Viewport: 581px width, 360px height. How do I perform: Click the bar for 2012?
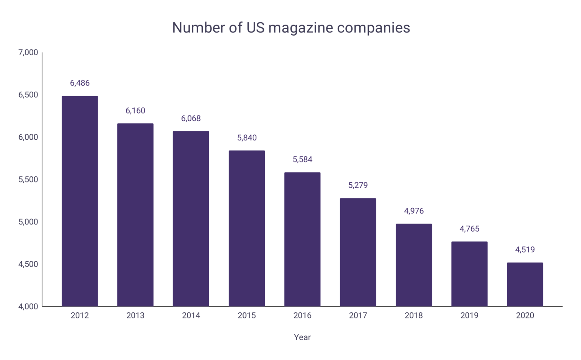point(80,201)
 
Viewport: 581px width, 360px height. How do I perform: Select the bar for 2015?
point(247,228)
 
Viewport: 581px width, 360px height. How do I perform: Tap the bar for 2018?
point(414,265)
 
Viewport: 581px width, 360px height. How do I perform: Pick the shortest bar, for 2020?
point(525,284)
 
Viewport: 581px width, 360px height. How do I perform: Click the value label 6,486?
point(80,83)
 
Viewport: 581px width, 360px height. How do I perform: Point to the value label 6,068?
point(191,118)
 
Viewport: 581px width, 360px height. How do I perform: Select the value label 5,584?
point(302,159)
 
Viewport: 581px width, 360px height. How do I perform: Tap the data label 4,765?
point(469,229)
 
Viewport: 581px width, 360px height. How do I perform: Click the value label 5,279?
point(358,185)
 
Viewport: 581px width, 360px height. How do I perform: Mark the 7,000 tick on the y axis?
point(28,53)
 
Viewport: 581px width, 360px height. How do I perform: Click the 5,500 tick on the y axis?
point(28,179)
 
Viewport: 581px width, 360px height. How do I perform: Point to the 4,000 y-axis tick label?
point(28,307)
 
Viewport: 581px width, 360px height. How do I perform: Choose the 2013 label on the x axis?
point(135,315)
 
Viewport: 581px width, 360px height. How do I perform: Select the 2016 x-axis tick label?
point(302,315)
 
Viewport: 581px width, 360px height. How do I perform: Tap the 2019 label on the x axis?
point(469,315)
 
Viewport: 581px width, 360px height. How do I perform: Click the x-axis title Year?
point(302,337)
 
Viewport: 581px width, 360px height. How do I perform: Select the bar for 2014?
point(191,219)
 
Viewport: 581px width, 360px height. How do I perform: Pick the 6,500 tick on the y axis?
point(28,95)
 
